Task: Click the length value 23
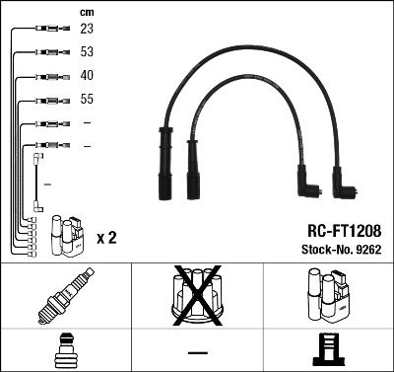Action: pos(87,31)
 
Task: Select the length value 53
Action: pos(87,53)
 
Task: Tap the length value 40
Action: pos(87,76)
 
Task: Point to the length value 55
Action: pos(87,100)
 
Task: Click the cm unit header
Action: pos(86,12)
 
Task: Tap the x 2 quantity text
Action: pos(107,239)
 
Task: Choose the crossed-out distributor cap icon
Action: pos(196,295)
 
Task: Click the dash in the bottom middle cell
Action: pos(197,352)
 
